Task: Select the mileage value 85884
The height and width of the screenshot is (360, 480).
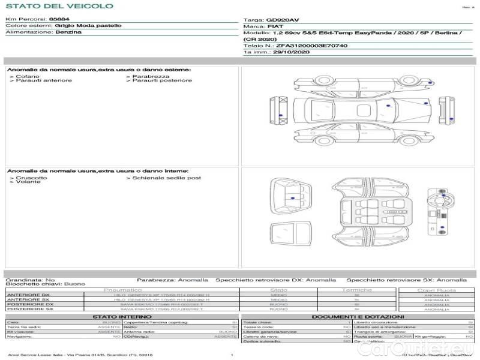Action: click(x=59, y=20)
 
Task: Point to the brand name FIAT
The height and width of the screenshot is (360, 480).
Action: click(x=274, y=27)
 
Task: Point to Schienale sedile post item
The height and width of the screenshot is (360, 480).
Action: click(x=166, y=178)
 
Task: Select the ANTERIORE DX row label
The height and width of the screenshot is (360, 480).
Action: click(x=28, y=295)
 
